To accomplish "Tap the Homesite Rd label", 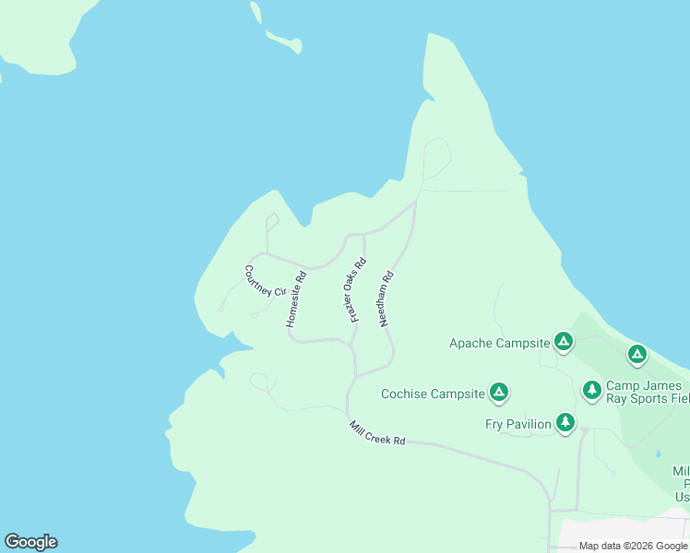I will tap(295, 300).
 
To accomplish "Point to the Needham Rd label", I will tap(387, 300).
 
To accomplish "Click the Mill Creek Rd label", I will tap(377, 433).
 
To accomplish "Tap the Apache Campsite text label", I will tap(498, 344).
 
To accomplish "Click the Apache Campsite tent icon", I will tap(564, 342).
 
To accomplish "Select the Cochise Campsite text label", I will tap(433, 394).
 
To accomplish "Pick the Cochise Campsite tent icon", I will tap(499, 393).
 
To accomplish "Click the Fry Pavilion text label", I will tap(517, 424).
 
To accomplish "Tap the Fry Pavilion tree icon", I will tap(565, 422).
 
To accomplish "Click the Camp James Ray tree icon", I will tap(592, 390).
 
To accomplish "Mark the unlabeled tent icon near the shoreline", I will tap(636, 353).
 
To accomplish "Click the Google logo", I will tap(30, 542).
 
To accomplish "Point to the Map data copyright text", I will tap(633, 546).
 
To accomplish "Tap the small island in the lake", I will tap(284, 41).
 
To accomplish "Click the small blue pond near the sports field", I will tap(657, 453).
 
